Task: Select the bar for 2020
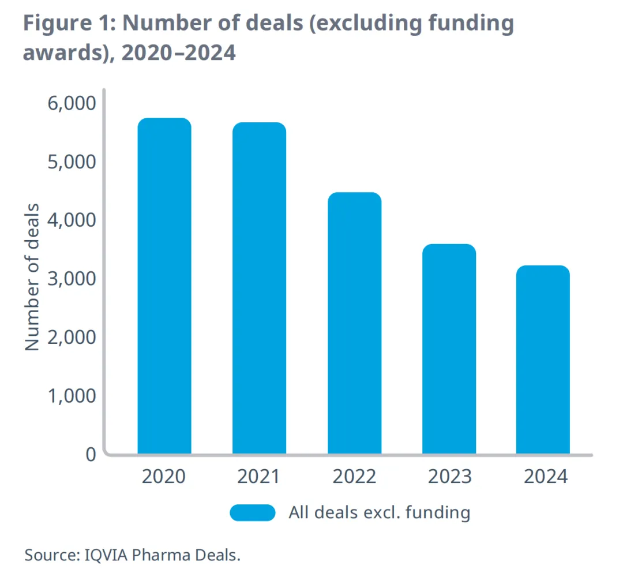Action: [164, 286]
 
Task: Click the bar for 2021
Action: [259, 289]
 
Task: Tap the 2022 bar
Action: [354, 323]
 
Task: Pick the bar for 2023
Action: [449, 349]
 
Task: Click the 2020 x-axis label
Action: [164, 477]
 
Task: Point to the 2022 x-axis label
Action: [354, 477]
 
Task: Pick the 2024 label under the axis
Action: [546, 477]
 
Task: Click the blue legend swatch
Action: [253, 512]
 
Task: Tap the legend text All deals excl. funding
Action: [380, 512]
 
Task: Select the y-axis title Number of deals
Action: [33, 277]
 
